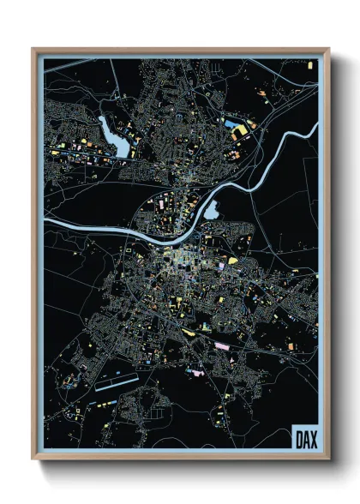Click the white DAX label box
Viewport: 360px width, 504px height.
point(303,436)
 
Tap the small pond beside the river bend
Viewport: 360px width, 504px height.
point(211,208)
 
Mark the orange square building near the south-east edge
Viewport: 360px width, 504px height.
point(290,346)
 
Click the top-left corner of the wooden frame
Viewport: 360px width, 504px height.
point(33,50)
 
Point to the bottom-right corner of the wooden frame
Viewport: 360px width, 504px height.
point(328,459)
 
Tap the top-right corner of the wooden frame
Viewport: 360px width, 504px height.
point(328,50)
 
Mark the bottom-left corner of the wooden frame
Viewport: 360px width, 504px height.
point(33,459)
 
